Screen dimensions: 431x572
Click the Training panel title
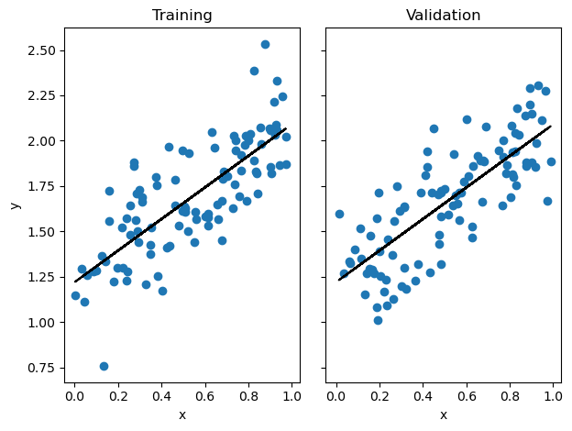pos(182,16)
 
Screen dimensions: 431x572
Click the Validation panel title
pos(443,16)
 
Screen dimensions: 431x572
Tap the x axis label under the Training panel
pos(182,415)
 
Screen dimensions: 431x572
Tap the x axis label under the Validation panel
pos(443,415)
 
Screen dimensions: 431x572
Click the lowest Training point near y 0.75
pos(104,366)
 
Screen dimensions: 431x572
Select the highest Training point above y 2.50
pos(265,44)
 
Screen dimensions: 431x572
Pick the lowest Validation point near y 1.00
pos(378,320)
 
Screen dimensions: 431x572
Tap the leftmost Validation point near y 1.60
pos(339,214)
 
